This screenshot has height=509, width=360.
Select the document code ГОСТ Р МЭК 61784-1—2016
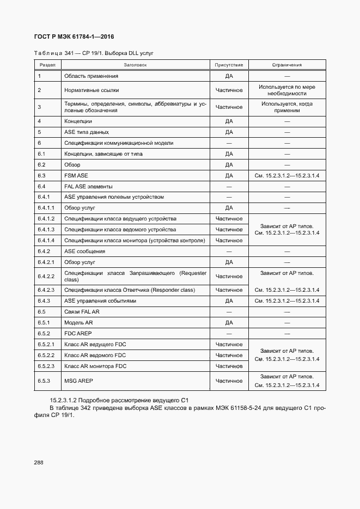click(x=75, y=37)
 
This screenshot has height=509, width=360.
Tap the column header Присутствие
click(x=229, y=65)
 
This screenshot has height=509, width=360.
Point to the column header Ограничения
click(x=286, y=65)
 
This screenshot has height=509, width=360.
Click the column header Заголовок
click(x=135, y=65)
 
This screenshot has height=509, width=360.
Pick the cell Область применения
click(x=91, y=76)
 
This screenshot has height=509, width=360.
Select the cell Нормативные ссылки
click(x=91, y=90)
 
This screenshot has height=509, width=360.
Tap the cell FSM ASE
click(x=76, y=175)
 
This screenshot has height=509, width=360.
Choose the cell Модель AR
click(x=78, y=322)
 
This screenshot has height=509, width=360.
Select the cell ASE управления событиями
click(x=100, y=301)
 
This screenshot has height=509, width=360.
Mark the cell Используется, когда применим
click(x=286, y=107)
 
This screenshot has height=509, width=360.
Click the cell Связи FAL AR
click(x=82, y=311)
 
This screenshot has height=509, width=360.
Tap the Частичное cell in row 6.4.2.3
click(x=229, y=290)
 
